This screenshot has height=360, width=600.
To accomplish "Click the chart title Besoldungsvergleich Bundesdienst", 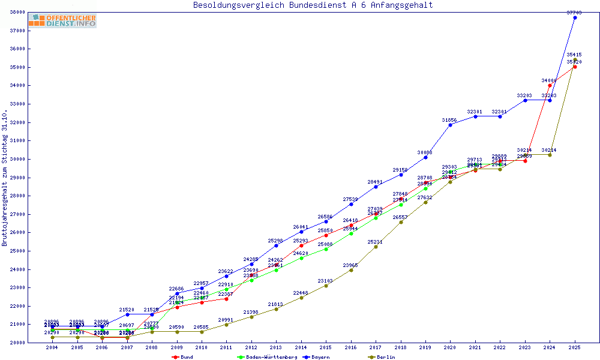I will click(x=313, y=5).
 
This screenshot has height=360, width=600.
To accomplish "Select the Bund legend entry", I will click(x=183, y=357).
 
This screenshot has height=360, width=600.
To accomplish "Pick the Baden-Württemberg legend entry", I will click(x=268, y=357).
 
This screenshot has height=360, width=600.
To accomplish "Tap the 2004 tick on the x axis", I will click(x=53, y=347).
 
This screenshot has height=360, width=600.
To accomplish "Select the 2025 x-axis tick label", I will click(x=575, y=347).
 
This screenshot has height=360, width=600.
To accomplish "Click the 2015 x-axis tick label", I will click(x=326, y=347).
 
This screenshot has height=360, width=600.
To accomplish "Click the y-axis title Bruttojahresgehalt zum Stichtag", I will click(x=5, y=178).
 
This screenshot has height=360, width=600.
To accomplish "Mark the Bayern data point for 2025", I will click(x=575, y=17).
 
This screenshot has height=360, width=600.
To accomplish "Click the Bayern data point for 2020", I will click(x=450, y=125).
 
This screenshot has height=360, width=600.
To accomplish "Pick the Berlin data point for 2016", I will click(x=351, y=270).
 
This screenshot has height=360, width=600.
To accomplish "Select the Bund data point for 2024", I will click(x=550, y=85).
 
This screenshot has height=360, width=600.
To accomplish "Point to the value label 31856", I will click(x=450, y=120).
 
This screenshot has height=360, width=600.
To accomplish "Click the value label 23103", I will click(x=326, y=281).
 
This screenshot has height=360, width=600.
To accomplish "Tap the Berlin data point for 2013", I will click(x=276, y=309).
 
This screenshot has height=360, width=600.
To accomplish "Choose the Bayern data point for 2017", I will click(x=376, y=187).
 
